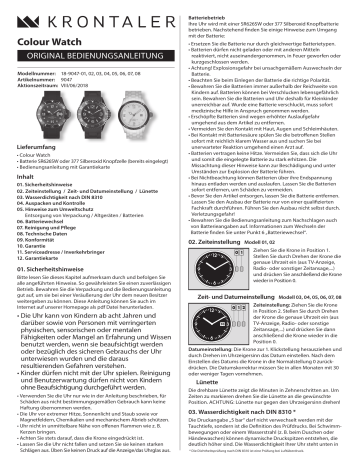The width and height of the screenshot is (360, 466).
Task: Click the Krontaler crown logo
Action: coord(21,19)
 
